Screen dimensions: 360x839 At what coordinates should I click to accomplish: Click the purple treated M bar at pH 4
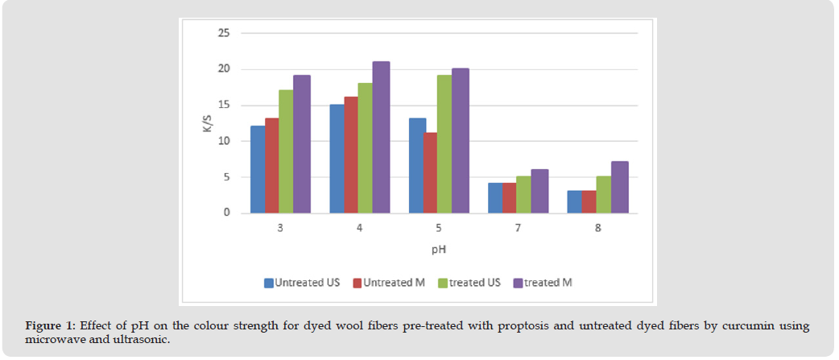[x=381, y=137]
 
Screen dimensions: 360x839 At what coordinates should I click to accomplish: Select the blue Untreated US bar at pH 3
[x=258, y=169]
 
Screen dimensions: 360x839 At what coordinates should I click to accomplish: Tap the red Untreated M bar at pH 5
[x=431, y=172]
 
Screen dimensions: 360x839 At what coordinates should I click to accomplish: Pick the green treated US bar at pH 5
[x=444, y=144]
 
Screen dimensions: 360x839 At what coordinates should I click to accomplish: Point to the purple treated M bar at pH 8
[x=619, y=187]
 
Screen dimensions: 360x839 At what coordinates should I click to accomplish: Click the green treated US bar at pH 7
[x=523, y=194]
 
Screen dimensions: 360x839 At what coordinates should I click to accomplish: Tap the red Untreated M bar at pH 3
[x=272, y=165]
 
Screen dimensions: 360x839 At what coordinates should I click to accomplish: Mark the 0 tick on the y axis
[x=226, y=213]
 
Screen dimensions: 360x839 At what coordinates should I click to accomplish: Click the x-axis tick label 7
[x=518, y=229]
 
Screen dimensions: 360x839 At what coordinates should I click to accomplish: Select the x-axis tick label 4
[x=359, y=229]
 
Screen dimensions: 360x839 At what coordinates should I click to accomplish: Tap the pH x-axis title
[x=438, y=250]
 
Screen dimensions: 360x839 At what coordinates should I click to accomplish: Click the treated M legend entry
[x=548, y=283]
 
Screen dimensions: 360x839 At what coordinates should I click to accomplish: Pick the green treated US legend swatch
[x=443, y=283]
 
